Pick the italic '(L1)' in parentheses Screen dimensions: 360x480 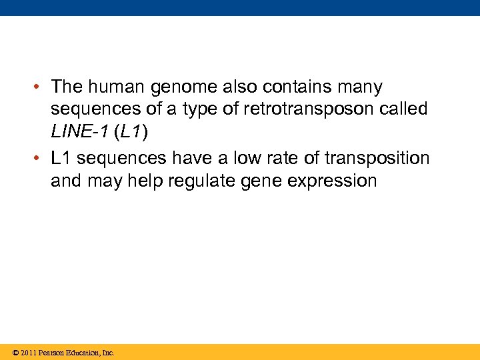click(x=131, y=133)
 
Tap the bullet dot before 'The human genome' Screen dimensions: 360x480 click(x=39, y=87)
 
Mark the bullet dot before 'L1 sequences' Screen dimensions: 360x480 click(x=39, y=159)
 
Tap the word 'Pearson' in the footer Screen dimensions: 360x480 click(x=53, y=353)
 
